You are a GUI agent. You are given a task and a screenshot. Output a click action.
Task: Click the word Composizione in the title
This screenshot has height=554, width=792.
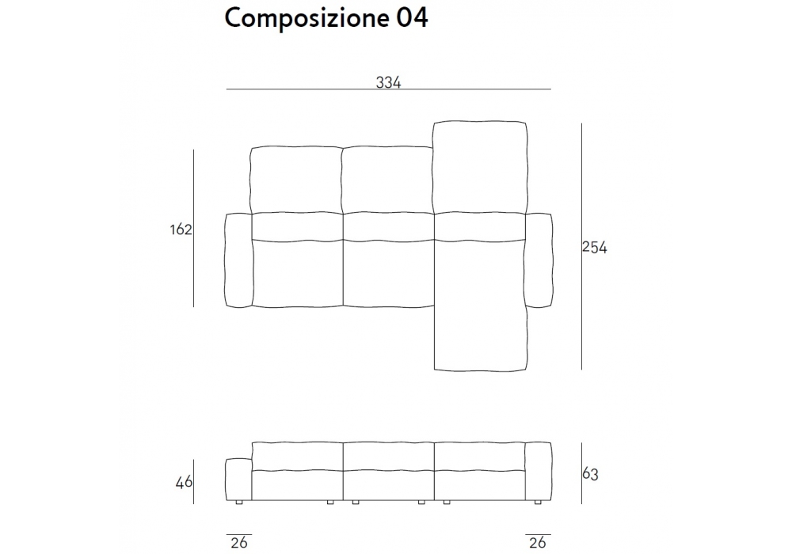pyautogui.click(x=307, y=19)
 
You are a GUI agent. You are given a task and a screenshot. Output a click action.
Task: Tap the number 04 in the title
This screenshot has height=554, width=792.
pyautogui.click(x=412, y=18)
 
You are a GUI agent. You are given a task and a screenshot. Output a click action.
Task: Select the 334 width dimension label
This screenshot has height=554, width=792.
pyautogui.click(x=388, y=82)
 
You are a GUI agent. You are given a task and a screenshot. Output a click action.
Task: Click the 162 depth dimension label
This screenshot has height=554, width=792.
pyautogui.click(x=181, y=230)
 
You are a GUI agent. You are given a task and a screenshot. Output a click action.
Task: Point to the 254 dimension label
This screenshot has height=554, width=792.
pyautogui.click(x=595, y=247)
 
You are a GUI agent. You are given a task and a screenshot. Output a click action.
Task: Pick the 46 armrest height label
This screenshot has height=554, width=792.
pyautogui.click(x=184, y=482)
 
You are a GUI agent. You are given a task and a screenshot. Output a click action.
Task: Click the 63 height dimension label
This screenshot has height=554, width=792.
pyautogui.click(x=591, y=474)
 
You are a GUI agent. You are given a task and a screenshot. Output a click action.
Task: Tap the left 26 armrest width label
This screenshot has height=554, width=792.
pyautogui.click(x=239, y=542)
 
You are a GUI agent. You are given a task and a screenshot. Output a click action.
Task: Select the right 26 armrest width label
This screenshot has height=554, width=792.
pyautogui.click(x=538, y=542)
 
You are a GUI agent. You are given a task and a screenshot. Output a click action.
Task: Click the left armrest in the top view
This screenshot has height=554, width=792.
pyautogui.click(x=238, y=260)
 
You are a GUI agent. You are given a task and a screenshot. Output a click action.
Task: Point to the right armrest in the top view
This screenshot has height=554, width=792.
pyautogui.click(x=539, y=260)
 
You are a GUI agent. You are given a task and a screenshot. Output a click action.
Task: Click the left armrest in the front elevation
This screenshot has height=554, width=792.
pyautogui.click(x=238, y=480)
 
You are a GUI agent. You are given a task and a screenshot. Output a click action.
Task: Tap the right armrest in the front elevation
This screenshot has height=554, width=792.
pyautogui.click(x=539, y=471)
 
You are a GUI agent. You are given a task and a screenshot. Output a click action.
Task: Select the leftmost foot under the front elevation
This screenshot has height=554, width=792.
pyautogui.click(x=239, y=503)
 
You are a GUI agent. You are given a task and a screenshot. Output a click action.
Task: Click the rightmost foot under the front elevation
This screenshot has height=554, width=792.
pyautogui.click(x=538, y=503)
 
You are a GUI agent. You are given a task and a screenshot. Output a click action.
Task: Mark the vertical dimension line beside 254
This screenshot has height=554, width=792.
pyautogui.click(x=581, y=246)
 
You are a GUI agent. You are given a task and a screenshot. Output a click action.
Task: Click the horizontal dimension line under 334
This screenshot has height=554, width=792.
pyautogui.click(x=388, y=89)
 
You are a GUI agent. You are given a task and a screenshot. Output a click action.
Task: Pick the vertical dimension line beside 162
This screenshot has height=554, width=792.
pyautogui.click(x=193, y=228)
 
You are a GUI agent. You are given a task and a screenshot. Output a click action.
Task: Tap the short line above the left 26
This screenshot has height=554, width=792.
pyautogui.click(x=239, y=534)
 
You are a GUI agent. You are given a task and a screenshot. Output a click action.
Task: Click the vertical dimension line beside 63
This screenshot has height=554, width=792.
pyautogui.click(x=581, y=473)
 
